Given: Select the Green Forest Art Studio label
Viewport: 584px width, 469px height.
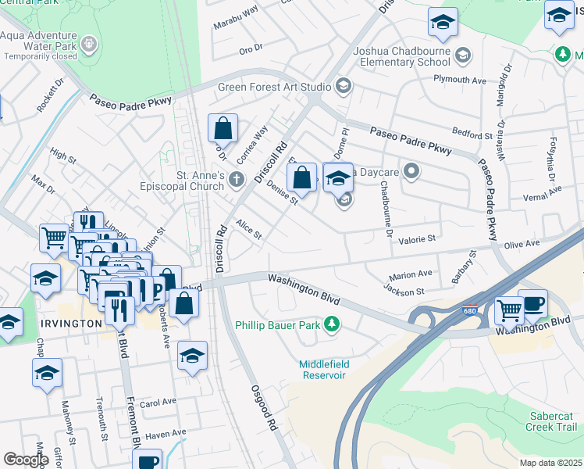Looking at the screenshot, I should (275, 87).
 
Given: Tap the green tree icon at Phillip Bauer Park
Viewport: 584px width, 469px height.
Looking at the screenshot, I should (332, 323).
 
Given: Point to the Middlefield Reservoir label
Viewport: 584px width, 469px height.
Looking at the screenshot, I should (322, 370).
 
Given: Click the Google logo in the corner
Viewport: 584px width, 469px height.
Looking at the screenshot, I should (26, 459).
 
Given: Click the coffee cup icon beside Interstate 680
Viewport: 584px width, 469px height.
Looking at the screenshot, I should (532, 303).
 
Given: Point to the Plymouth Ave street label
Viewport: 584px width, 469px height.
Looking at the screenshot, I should (461, 80).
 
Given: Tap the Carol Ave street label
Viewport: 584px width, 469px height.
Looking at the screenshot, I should (158, 403).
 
